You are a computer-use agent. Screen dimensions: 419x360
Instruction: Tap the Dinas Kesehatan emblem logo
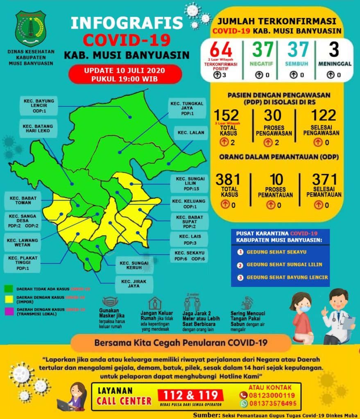[x=31, y=29]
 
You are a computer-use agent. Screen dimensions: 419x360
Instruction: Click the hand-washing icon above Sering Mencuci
[x=248, y=303]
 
